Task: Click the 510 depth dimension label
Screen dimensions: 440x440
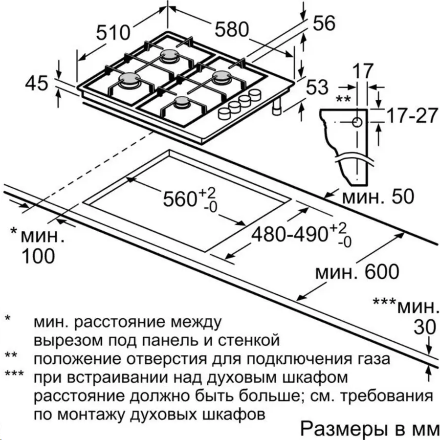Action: tap(113, 33)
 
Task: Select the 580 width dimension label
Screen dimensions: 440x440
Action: tap(232, 29)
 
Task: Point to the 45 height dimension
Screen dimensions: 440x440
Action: tap(37, 83)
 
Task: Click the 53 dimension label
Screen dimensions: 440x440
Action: tap(317, 87)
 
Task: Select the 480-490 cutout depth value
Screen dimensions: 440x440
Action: tap(289, 234)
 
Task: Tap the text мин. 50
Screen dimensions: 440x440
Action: tap(378, 197)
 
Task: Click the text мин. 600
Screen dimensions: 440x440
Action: tap(357, 272)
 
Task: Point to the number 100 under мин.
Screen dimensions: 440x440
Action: tap(39, 256)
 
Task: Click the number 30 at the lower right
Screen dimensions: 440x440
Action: tap(425, 327)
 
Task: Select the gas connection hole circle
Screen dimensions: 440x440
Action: tap(357, 122)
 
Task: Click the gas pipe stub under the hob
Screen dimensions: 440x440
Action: tap(277, 107)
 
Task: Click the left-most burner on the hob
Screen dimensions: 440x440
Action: tap(129, 79)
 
